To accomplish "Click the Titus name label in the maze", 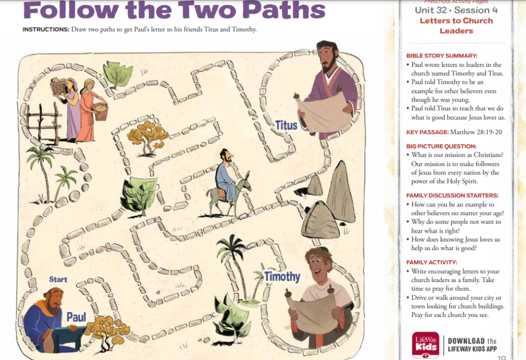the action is coord(286,125).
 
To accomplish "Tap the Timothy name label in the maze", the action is coord(282,276).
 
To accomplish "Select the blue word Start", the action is coord(58,279).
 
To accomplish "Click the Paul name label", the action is coord(76,317).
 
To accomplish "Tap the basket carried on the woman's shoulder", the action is coord(58,87).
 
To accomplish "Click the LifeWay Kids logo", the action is coord(426,345).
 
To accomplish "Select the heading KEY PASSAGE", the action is coord(427,132).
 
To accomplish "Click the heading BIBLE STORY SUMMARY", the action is coord(442,55).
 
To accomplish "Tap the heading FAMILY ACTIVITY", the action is coord(431,262).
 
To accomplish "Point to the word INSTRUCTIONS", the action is coord(46,29).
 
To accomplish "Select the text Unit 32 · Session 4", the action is coord(456,10).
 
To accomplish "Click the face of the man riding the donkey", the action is coord(228,156).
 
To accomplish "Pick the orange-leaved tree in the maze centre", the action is coord(147,138).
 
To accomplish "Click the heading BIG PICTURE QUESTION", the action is coord(441,146).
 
